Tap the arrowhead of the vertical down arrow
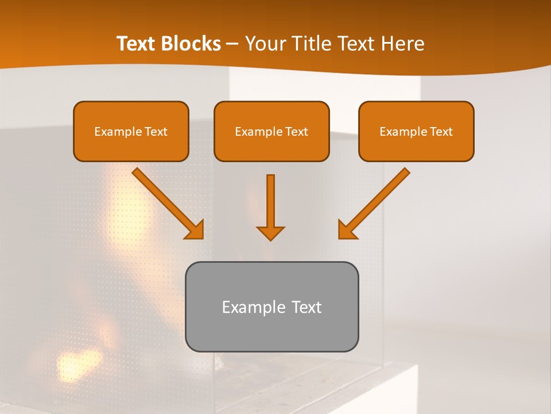coord(270,232)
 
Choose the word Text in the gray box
coord(306,307)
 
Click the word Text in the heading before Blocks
coord(136,44)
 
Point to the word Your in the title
coord(265,44)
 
